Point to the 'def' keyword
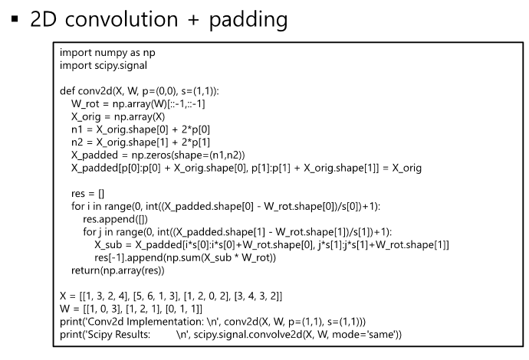coord(67,90)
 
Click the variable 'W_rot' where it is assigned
coord(86,103)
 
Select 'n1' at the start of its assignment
coord(76,128)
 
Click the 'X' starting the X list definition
coord(63,294)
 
